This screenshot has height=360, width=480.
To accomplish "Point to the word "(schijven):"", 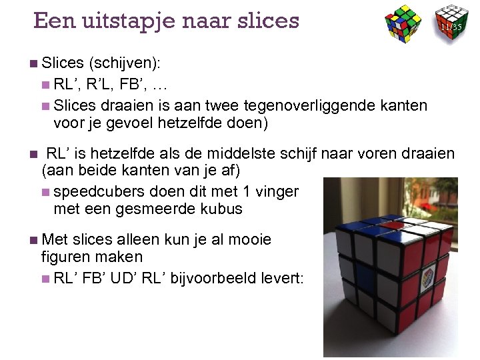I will tap(126, 63).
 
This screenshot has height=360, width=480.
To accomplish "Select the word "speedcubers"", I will tap(99, 191).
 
